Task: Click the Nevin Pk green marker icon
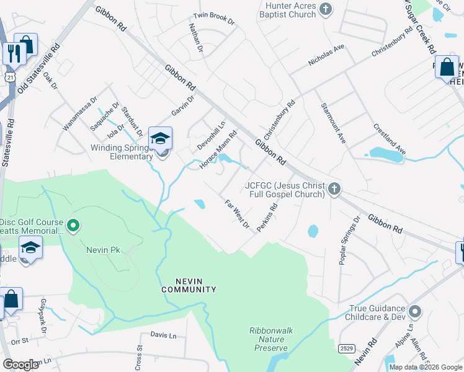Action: (x=73, y=225)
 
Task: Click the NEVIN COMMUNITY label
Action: (x=189, y=285)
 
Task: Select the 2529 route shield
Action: (x=347, y=349)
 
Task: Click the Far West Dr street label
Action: (x=236, y=213)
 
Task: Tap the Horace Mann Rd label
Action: (x=218, y=149)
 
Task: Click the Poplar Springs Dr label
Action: (x=349, y=241)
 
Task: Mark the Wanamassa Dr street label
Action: (x=80, y=113)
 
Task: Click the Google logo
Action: (x=21, y=365)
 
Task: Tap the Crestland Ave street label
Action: (x=390, y=139)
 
